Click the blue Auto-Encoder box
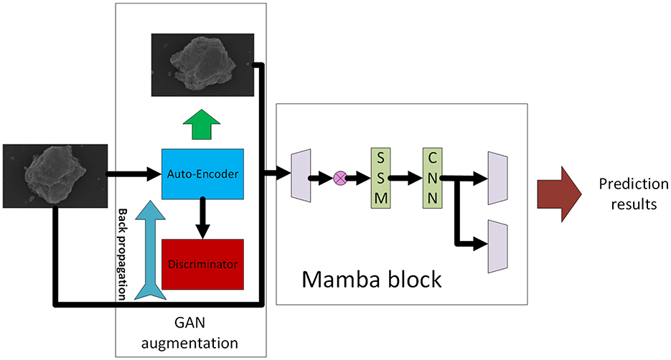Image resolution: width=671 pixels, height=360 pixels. [x=203, y=173]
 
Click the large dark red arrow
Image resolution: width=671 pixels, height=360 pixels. [x=562, y=194]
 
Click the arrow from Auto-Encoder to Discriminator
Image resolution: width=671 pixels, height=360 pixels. [x=203, y=217]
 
